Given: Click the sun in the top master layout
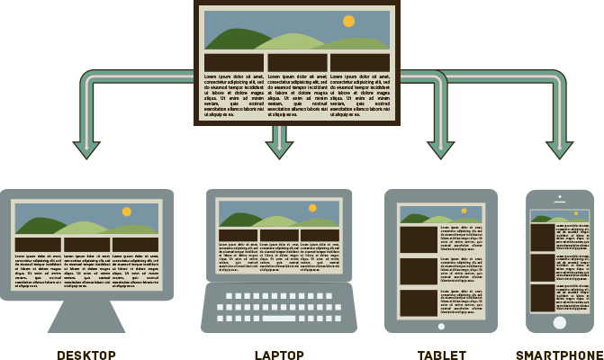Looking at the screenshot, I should pos(348,21).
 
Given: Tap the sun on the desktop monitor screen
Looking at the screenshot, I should pos(127,211).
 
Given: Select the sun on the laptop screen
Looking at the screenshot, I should pos(312,208).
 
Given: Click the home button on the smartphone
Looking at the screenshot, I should pos(560,322).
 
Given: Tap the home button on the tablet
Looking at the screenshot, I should pos(440,328).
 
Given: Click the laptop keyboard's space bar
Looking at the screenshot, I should pos(278,319).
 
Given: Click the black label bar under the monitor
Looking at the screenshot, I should pos(86,355).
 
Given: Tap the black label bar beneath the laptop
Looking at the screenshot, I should pos(279,355).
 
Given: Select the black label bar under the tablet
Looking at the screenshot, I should pos(441,355).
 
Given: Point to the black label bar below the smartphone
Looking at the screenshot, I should pos(559,355).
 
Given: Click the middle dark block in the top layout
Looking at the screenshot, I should pos(297,62).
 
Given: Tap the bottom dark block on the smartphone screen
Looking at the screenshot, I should pos(542,298).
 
